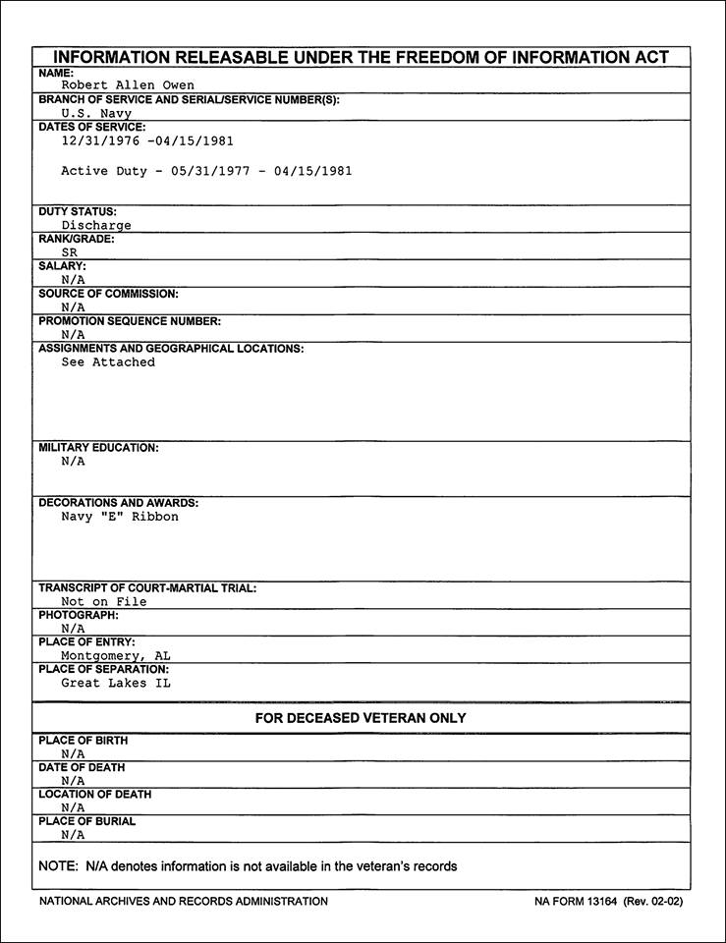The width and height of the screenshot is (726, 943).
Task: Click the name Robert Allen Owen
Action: [x=128, y=85]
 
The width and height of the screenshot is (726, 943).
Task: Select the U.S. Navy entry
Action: [x=96, y=113]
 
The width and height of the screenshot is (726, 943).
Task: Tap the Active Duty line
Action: [x=206, y=171]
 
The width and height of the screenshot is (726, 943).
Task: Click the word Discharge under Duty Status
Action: [x=96, y=225]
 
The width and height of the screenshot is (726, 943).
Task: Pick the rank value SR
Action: [x=69, y=252]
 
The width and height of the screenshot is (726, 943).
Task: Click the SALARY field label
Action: [x=62, y=266]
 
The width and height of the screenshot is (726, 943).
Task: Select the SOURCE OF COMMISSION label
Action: [x=108, y=294]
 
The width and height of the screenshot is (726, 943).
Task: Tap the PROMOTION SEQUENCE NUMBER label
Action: [x=130, y=321]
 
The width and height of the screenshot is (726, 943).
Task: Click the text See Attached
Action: [x=108, y=362]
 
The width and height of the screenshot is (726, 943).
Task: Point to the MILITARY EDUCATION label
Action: [x=98, y=448]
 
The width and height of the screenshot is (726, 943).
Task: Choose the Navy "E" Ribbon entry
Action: [x=120, y=517]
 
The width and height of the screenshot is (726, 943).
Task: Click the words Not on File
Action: [x=104, y=602]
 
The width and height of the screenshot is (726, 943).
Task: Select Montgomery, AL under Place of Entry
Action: [x=116, y=656]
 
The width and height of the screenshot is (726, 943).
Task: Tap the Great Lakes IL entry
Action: [x=116, y=684]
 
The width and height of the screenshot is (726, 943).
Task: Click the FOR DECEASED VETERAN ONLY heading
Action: [x=361, y=718]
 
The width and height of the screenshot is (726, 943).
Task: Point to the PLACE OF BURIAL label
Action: [x=87, y=821]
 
